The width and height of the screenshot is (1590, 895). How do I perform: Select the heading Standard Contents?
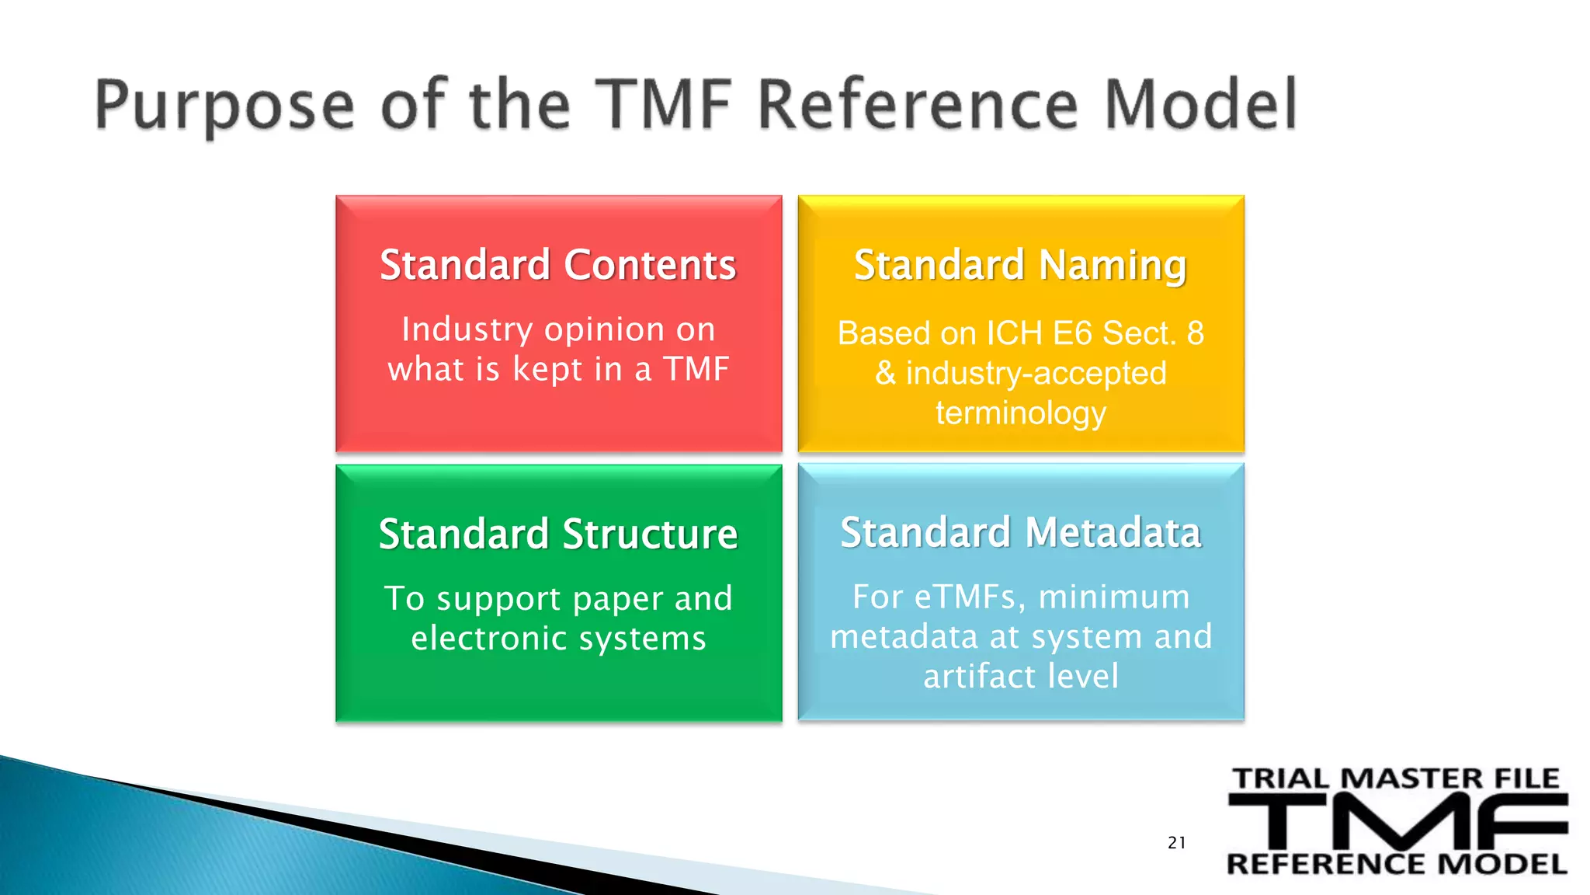pyautogui.click(x=557, y=265)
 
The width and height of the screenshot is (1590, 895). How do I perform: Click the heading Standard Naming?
pyautogui.click(x=1020, y=265)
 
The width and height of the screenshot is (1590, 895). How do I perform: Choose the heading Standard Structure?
pyautogui.click(x=557, y=535)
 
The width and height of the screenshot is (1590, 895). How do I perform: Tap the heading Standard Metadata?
pyautogui.click(x=1020, y=533)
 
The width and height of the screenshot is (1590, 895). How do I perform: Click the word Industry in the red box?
pyautogui.click(x=467, y=330)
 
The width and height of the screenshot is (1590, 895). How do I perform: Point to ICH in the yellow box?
pyautogui.click(x=1014, y=333)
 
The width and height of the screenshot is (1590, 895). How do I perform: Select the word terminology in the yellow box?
pyautogui.click(x=1020, y=413)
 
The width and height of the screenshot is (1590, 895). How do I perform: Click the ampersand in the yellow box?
pyautogui.click(x=885, y=374)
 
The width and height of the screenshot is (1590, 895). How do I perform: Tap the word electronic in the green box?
pyautogui.click(x=489, y=639)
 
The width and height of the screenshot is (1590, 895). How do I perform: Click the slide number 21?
pyautogui.click(x=1176, y=843)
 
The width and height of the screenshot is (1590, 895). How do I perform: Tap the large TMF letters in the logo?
pyautogui.click(x=1397, y=822)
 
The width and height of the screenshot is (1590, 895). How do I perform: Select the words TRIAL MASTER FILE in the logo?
pyautogui.click(x=1396, y=778)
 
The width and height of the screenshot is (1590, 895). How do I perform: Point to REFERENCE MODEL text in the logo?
pyautogui.click(x=1396, y=864)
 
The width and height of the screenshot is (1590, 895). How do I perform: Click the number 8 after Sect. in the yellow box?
pyautogui.click(x=1195, y=333)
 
